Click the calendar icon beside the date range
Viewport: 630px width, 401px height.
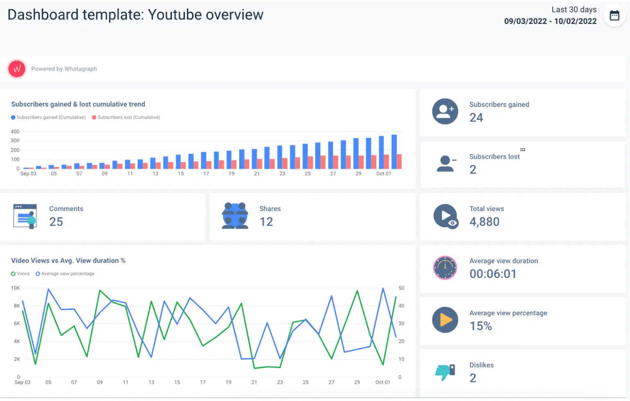[x=614, y=16]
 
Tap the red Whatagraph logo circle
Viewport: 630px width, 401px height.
[x=17, y=69]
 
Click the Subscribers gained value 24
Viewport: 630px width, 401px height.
[x=476, y=118]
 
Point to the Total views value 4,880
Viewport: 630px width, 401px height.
[x=484, y=222]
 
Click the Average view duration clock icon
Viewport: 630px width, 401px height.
[x=445, y=268]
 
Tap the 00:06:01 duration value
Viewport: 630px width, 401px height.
[x=493, y=274]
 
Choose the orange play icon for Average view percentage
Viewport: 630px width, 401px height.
[x=445, y=320]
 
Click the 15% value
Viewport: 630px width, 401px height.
[x=481, y=326]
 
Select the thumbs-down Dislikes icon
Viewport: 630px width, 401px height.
[x=445, y=372]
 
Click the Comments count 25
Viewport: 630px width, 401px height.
[x=56, y=222]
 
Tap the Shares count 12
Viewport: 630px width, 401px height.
[x=266, y=222]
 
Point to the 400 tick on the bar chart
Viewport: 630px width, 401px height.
[x=15, y=132]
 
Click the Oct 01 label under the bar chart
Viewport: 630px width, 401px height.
[x=383, y=174]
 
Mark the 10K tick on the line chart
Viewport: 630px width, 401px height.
[x=16, y=288]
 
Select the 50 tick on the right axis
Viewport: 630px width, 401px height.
[x=401, y=288]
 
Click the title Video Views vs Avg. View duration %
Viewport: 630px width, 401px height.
[x=68, y=261]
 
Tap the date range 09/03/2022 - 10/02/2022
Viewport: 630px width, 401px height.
[x=550, y=21]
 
